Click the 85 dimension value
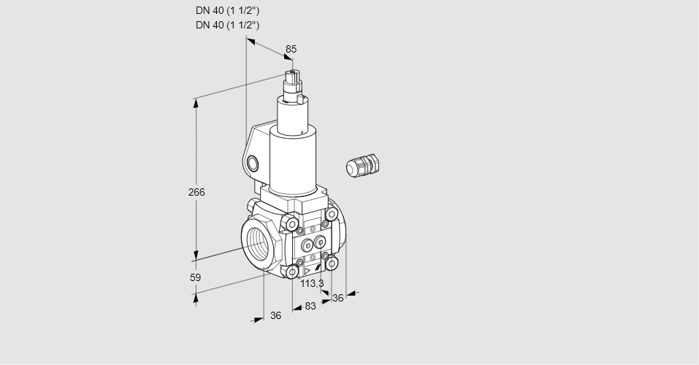pyautogui.click(x=291, y=49)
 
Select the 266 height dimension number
pyautogui.click(x=196, y=192)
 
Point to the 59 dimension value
pyautogui.click(x=195, y=277)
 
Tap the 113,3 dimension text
pyautogui.click(x=312, y=283)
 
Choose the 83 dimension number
pyautogui.click(x=310, y=306)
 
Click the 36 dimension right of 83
pyautogui.click(x=338, y=298)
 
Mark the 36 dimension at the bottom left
pyautogui.click(x=276, y=315)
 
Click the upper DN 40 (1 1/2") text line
pyautogui.click(x=227, y=11)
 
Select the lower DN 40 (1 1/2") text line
pyautogui.click(x=227, y=25)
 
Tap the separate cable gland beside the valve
pyautogui.click(x=363, y=164)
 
